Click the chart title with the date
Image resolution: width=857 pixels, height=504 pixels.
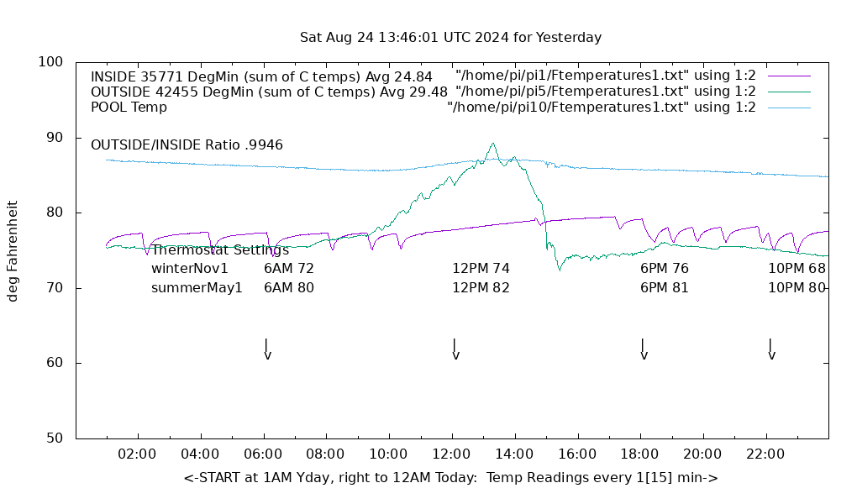coord(450,38)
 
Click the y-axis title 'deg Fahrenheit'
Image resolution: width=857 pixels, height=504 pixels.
coord(13,250)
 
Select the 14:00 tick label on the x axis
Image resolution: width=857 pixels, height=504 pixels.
coord(514,454)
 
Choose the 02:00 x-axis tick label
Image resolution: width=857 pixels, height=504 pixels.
coord(137,454)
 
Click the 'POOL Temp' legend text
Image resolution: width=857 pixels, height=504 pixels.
coord(129,108)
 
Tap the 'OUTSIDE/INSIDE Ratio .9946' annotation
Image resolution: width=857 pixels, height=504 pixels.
coord(187,145)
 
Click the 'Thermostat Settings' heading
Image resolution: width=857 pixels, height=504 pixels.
coord(220,250)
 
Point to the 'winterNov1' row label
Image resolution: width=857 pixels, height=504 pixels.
coord(190,269)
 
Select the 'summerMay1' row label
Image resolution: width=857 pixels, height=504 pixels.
coord(197,288)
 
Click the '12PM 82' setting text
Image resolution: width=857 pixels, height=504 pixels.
coord(481,288)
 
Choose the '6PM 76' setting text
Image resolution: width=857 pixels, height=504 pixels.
coord(664,269)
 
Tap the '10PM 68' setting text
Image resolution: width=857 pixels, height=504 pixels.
coord(797,269)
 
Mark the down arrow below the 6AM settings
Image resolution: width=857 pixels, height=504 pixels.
coord(267,349)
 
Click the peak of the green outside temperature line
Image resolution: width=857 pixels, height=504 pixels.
coord(493,144)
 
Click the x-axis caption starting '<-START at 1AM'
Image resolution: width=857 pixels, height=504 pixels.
coord(450,478)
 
